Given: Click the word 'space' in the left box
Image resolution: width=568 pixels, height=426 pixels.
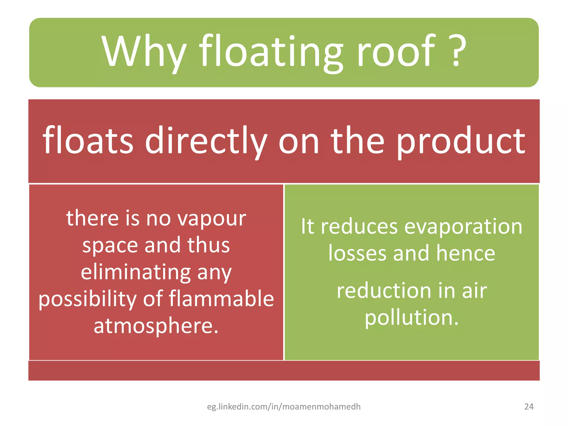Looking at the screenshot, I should tap(110, 246).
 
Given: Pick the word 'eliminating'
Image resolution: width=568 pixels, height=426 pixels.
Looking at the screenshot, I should tap(136, 272).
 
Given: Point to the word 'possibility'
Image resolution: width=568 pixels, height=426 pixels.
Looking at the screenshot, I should tap(87, 300).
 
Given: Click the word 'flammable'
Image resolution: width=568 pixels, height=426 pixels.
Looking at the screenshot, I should tap(221, 299).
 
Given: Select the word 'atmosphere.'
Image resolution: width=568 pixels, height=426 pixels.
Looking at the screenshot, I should tap(156, 326).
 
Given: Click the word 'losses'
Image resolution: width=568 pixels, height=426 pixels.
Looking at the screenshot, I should tap(357, 253).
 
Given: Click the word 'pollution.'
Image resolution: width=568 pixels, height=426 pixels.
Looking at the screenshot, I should tap(412, 318).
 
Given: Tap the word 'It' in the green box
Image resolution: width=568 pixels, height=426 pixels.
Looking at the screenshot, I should tap(307, 226).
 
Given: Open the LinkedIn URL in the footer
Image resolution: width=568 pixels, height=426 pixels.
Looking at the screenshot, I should tap(284, 407).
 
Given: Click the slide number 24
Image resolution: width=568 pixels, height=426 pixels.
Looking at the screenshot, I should tap(529, 407).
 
